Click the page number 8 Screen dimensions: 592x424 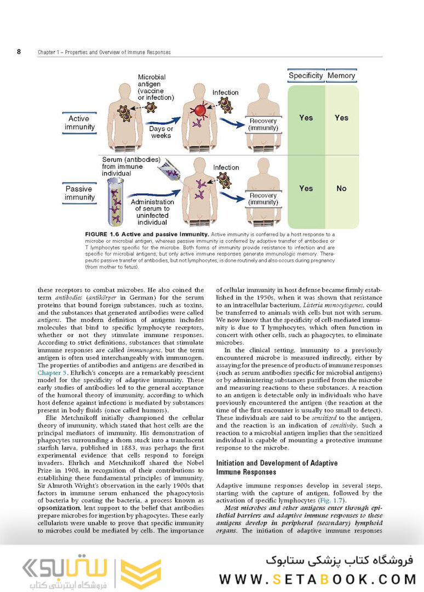pyautogui.click(x=19, y=52)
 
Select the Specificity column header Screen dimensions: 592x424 pyautogui.click(x=306, y=76)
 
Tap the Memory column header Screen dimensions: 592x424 pyautogui.click(x=341, y=76)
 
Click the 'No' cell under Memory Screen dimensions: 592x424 pyautogui.click(x=341, y=188)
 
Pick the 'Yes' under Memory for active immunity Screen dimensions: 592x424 pyautogui.click(x=341, y=117)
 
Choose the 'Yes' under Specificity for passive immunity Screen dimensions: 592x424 pyautogui.click(x=306, y=188)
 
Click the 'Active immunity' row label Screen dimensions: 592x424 pyautogui.click(x=79, y=123)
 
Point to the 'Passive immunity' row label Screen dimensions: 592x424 pyautogui.click(x=79, y=193)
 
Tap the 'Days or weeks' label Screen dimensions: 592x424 pyautogui.click(x=161, y=132)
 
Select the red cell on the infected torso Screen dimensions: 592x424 pyautogui.click(x=200, y=111)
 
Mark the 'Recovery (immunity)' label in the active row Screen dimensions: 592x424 pyautogui.click(x=263, y=124)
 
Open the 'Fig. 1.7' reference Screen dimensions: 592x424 pyautogui.click(x=330, y=500)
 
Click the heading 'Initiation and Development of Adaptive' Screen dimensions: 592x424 pyautogui.click(x=277, y=463)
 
